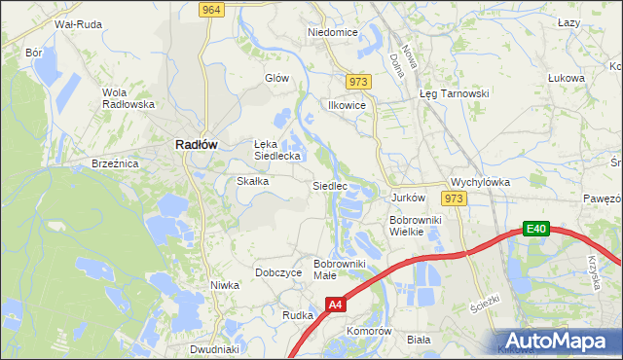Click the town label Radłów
[x=196, y=144]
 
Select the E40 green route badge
[x=535, y=229]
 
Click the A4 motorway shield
[x=335, y=305]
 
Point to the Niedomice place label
[x=333, y=32]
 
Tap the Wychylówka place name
[x=480, y=182]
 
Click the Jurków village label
[x=409, y=198]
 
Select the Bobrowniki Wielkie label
[x=417, y=226]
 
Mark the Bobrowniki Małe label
[x=338, y=270]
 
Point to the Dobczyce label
[x=278, y=273]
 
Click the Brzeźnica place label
[x=116, y=164]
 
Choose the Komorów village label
[x=369, y=331]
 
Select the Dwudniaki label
[x=214, y=348]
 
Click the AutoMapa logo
[x=554, y=340]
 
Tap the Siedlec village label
[x=329, y=185]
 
